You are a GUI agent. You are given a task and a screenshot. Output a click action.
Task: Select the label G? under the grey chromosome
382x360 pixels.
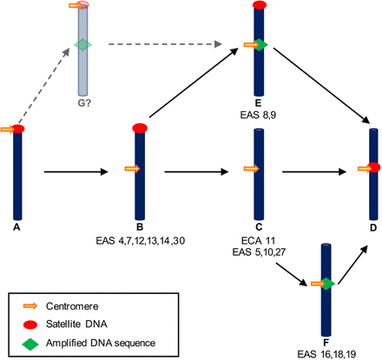tap(82, 107)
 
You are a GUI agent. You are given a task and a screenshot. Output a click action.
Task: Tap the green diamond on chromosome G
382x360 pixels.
tap(82, 45)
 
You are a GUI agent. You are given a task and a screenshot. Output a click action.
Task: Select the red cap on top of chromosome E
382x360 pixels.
tap(259, 6)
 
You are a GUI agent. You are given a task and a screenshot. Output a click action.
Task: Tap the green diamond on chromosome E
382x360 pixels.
tap(260, 44)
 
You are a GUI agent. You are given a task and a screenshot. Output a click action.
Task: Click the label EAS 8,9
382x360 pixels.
tap(259, 114)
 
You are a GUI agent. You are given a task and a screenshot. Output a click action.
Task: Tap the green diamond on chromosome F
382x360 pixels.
tap(326, 283)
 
